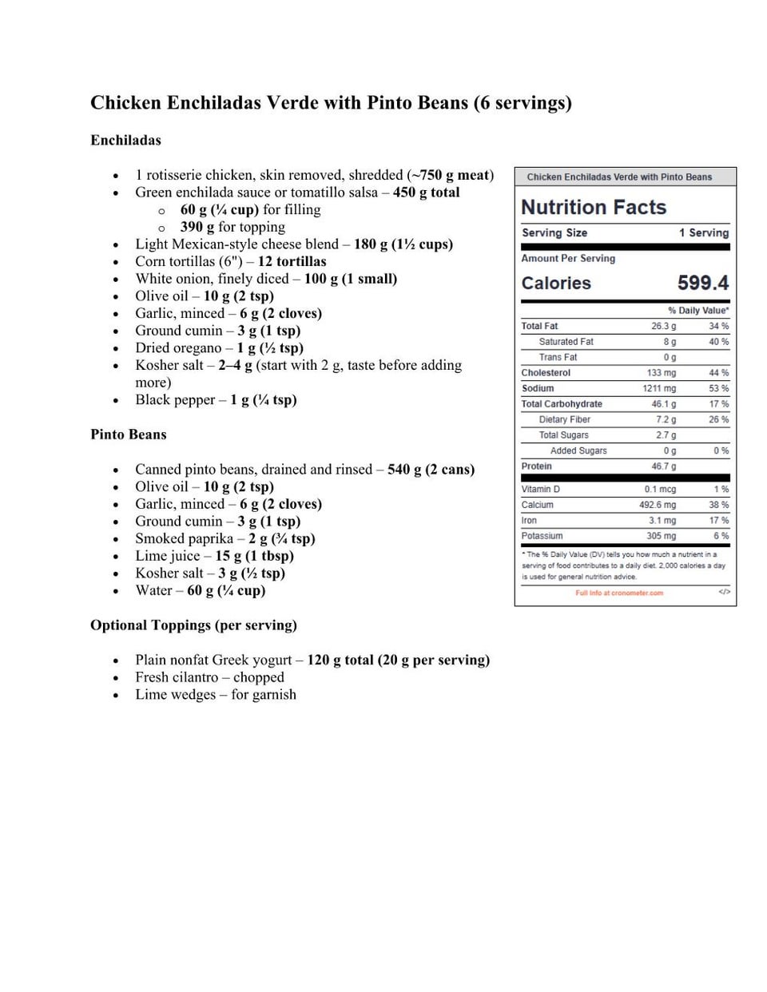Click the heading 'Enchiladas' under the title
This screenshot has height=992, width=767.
(x=125, y=141)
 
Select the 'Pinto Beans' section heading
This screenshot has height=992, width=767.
(x=129, y=434)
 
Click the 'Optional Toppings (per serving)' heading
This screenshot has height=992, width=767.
(x=193, y=625)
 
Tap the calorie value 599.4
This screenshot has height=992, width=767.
(x=702, y=284)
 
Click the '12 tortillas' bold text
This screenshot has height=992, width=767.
(x=292, y=261)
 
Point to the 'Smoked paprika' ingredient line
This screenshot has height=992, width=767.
(x=225, y=538)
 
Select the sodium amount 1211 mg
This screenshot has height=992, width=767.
(x=658, y=388)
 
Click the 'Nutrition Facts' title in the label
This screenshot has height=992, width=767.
(x=594, y=208)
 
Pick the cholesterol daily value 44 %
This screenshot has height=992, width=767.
(x=718, y=373)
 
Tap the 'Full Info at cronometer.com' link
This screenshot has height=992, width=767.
(x=619, y=593)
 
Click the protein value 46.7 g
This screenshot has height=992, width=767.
(x=663, y=466)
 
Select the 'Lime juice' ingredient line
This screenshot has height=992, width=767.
(x=214, y=556)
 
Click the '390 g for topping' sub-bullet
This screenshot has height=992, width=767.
(x=232, y=227)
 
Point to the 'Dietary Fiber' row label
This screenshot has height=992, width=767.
(x=564, y=419)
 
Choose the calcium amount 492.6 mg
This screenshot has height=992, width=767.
(x=657, y=505)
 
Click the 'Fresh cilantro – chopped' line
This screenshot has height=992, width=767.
(x=209, y=677)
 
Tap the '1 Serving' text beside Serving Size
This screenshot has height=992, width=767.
(x=703, y=233)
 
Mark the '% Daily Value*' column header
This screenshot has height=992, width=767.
(x=697, y=311)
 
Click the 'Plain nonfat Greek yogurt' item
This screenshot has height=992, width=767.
(x=312, y=660)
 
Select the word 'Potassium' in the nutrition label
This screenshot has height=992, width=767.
(x=542, y=536)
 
